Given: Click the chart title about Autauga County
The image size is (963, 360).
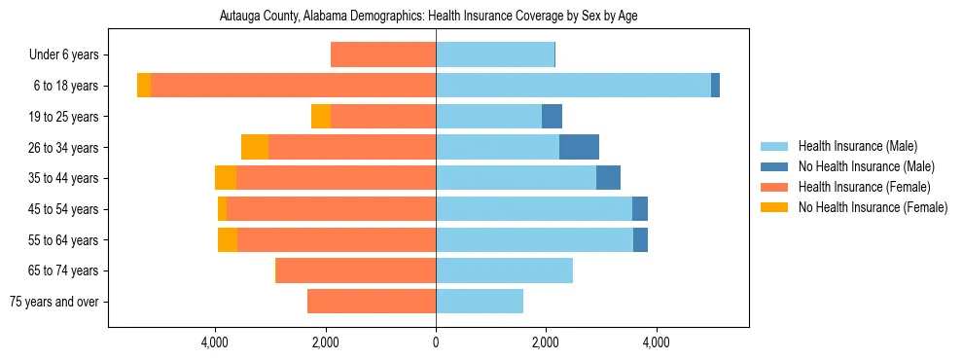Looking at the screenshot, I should [428, 17].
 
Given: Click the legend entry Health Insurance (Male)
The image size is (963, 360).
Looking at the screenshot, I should [857, 146].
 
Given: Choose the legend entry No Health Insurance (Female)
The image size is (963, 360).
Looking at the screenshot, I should [873, 207].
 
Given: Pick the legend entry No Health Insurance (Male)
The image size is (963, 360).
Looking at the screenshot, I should [866, 166].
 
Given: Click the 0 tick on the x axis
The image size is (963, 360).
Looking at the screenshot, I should [436, 342].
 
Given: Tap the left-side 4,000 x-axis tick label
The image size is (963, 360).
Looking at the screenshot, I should [214, 342].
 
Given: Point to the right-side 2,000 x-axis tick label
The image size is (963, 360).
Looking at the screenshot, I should [546, 342].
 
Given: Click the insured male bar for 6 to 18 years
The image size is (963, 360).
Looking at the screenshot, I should [573, 86].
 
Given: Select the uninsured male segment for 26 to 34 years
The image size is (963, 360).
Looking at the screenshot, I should [579, 147].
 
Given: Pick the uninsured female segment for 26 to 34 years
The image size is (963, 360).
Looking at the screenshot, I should [255, 147].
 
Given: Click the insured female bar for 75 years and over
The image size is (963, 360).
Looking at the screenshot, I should [372, 302].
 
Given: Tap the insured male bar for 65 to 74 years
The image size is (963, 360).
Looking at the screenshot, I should [504, 270].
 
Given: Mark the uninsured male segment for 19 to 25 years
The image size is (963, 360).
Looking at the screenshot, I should [552, 117].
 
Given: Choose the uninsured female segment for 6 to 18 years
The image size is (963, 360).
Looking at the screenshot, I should [144, 86].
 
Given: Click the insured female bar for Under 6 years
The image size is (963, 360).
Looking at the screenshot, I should [383, 55].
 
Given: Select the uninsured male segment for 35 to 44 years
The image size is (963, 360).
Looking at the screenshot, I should [608, 178].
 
